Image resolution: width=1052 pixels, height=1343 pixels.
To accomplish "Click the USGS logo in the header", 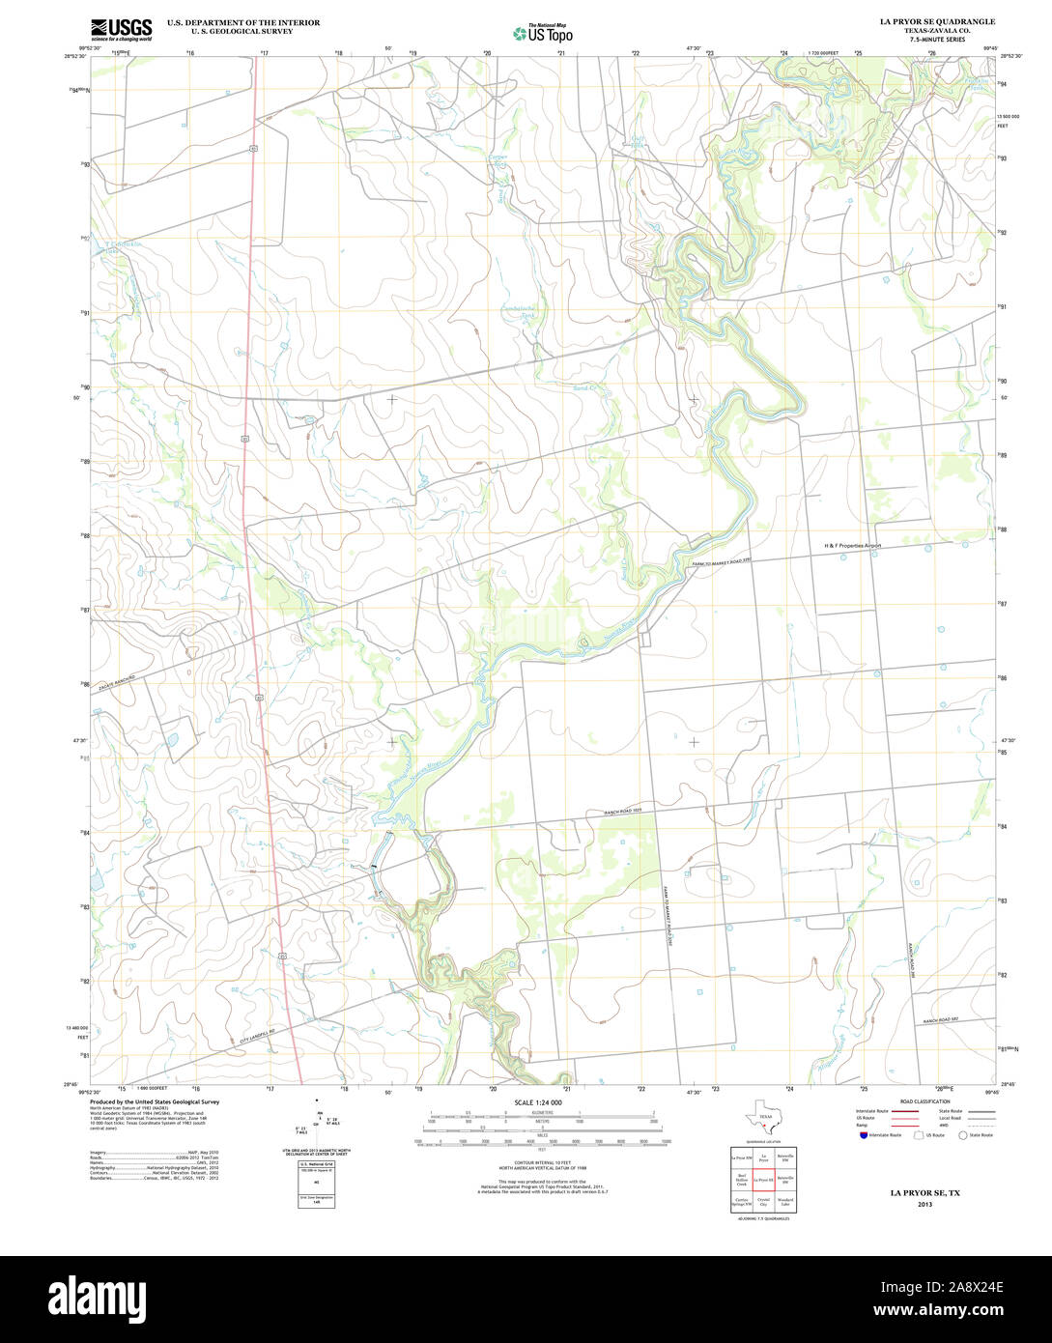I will pyautogui.click(x=121, y=29).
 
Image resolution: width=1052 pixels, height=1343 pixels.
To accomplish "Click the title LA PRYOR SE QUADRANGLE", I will pyautogui.click(x=936, y=21).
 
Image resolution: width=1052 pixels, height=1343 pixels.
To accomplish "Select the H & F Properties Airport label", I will pyautogui.click(x=852, y=546).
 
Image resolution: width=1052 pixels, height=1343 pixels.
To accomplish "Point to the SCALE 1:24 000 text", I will pyautogui.click(x=538, y=1102).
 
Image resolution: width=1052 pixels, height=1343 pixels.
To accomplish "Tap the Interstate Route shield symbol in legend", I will pyautogui.click(x=864, y=1135).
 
